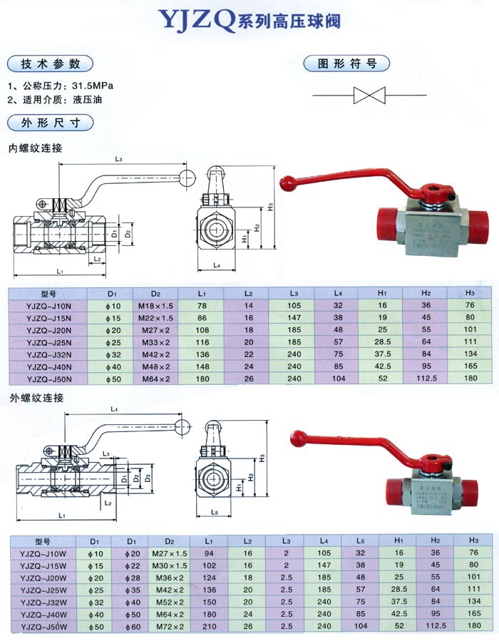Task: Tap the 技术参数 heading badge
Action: tap(49, 62)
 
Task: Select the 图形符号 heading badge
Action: tap(347, 63)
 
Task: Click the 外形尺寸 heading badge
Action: tap(49, 123)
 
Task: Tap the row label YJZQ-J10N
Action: tap(46, 305)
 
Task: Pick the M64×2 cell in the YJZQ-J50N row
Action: tap(156, 379)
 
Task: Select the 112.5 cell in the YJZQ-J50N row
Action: tap(426, 379)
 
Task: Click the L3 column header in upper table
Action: tap(291, 293)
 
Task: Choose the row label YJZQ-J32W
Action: tap(46, 602)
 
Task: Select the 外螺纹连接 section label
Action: tap(36, 398)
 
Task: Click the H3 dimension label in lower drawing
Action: tap(262, 456)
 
